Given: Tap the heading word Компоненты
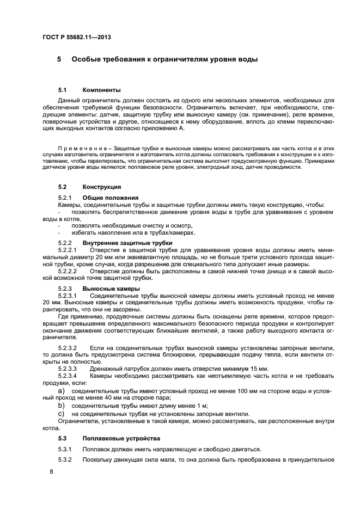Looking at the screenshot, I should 101,90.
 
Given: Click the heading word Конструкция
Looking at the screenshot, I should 102,187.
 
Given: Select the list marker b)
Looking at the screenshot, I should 62,406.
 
